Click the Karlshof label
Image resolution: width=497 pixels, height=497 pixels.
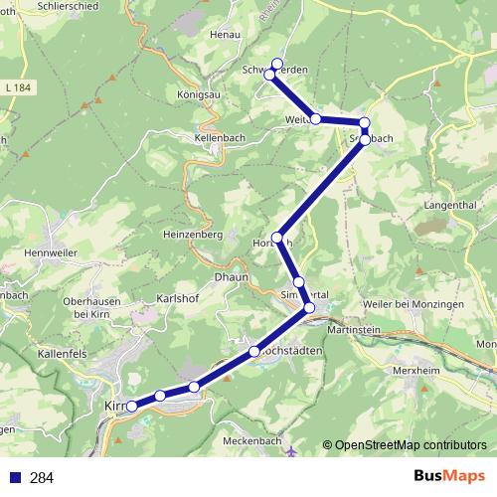(178, 298)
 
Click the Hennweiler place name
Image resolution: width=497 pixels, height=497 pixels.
(51, 254)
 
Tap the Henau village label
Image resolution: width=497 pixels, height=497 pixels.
(225, 34)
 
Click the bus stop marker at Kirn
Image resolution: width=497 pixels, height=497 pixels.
(131, 406)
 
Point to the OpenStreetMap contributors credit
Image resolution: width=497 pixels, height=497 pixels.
(412, 444)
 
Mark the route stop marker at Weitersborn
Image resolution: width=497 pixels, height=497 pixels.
(316, 119)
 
